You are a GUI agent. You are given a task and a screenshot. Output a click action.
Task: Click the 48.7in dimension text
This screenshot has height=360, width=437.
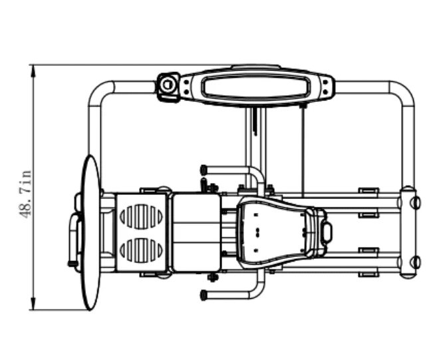[25, 194]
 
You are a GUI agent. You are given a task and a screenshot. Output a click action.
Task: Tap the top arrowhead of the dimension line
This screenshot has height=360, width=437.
[33, 71]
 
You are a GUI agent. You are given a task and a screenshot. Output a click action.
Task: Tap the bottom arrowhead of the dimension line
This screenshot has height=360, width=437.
[33, 303]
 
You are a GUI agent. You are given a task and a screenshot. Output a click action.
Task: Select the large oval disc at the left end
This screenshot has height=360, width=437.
[90, 232]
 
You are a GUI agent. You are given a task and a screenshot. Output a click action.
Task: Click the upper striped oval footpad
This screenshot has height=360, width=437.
[141, 217]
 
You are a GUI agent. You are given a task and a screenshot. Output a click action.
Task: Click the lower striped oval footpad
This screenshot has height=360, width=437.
[141, 250]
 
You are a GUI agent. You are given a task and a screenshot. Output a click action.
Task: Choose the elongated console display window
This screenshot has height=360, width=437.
[256, 86]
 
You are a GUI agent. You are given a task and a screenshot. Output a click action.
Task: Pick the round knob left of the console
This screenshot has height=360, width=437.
[167, 85]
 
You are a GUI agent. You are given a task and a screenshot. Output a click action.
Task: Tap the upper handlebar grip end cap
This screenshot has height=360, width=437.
[204, 169]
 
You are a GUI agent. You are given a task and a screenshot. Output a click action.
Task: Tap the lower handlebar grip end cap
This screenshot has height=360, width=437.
[204, 295]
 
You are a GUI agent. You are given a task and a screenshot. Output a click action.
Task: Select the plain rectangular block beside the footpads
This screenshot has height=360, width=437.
[196, 233]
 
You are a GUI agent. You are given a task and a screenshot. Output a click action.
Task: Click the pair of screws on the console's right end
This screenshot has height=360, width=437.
[325, 87]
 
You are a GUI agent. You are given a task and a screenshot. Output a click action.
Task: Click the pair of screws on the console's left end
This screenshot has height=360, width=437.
[186, 87]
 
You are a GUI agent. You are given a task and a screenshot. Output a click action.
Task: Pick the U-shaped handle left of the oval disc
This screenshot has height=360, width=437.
[74, 240]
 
